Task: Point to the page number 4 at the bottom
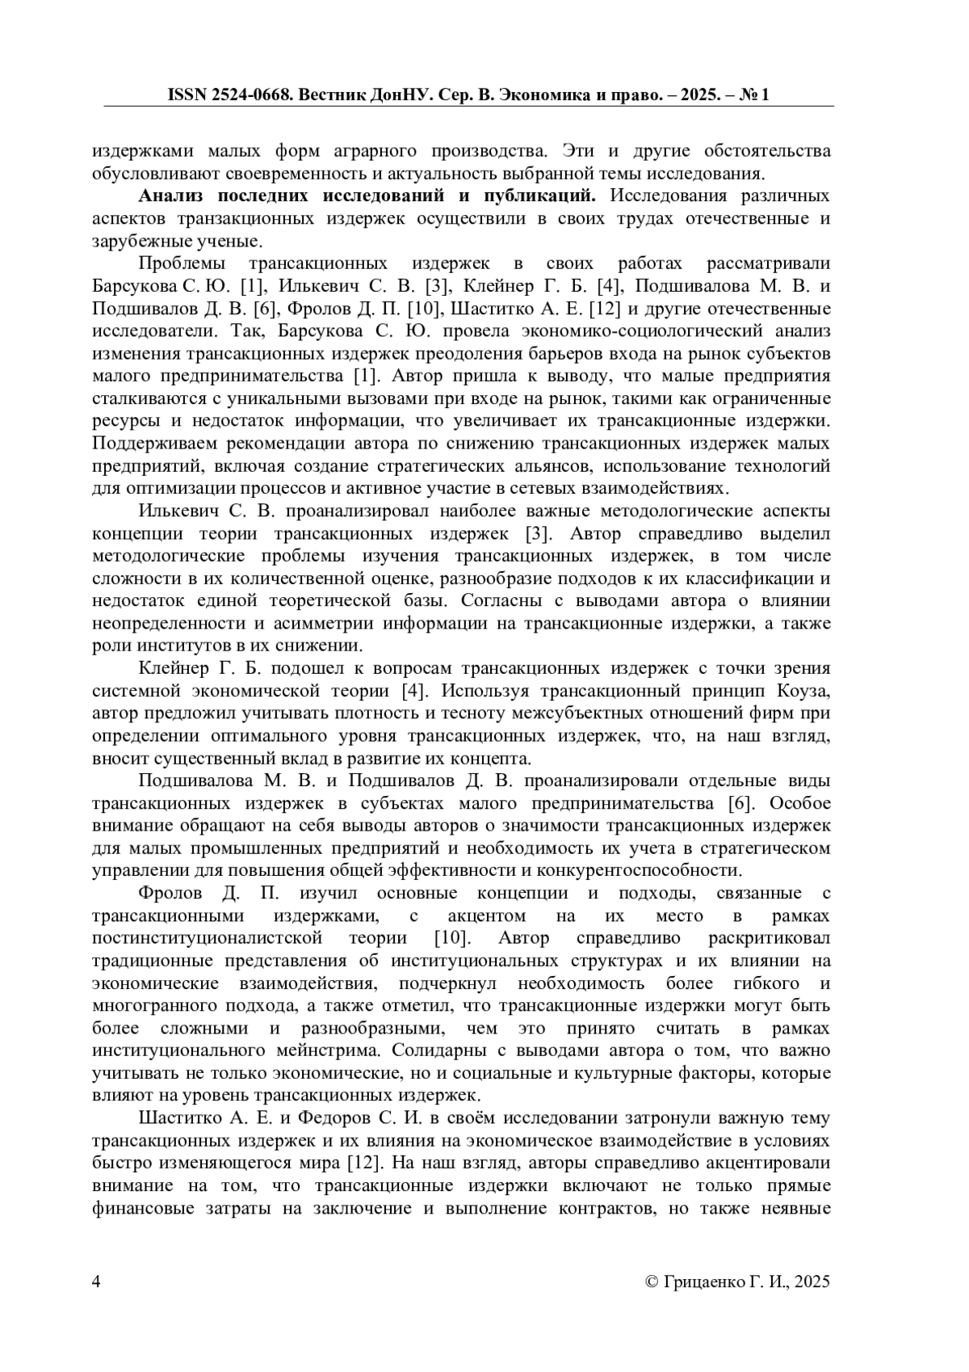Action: [x=97, y=1282]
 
